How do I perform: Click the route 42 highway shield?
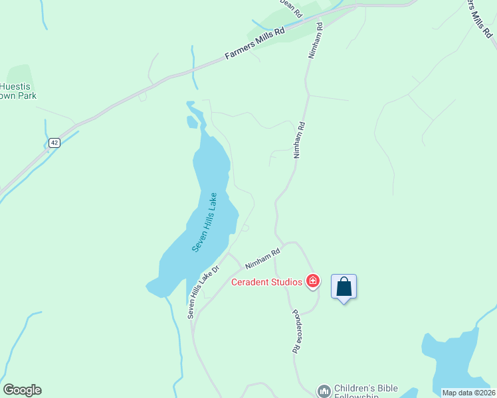[54, 143]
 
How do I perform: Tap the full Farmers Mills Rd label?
[254, 44]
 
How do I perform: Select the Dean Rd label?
[291, 8]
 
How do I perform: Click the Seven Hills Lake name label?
[205, 222]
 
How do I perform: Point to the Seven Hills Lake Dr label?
[193, 293]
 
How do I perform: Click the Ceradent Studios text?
[266, 282]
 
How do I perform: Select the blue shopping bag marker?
[344, 287]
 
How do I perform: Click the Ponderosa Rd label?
[296, 330]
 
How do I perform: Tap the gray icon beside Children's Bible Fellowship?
[324, 391]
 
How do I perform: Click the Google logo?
[22, 390]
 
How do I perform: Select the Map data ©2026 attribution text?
[468, 393]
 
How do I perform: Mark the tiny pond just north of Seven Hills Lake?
[192, 122]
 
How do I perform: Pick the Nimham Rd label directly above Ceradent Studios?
[262, 255]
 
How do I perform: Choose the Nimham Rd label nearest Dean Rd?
[315, 40]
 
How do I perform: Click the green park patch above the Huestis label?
[19, 74]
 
